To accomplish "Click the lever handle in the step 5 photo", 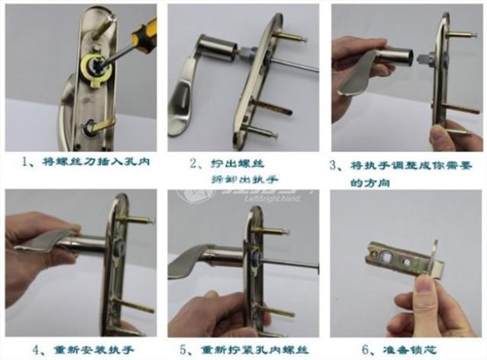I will (x=196, y=261).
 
